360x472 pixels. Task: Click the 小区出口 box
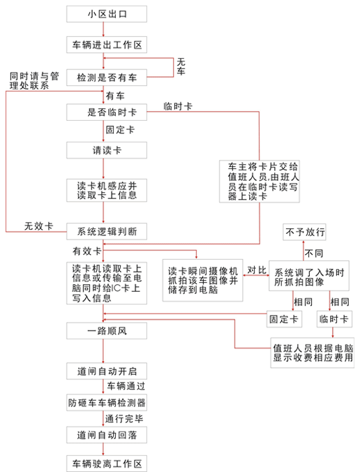[107, 13]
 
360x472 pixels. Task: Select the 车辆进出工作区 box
[107, 45]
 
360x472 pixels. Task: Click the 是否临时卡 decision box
[107, 112]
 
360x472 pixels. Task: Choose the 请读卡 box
[107, 150]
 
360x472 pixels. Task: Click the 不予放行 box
[304, 231]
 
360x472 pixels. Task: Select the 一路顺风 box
[107, 331]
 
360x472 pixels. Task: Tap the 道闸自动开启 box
[107, 369]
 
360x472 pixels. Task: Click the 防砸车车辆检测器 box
[107, 403]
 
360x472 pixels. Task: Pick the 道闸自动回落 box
[107, 434]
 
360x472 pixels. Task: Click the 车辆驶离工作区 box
[107, 464]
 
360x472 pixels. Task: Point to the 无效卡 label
[38, 226]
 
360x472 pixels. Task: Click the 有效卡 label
[87, 250]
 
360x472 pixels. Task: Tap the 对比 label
[257, 270]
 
